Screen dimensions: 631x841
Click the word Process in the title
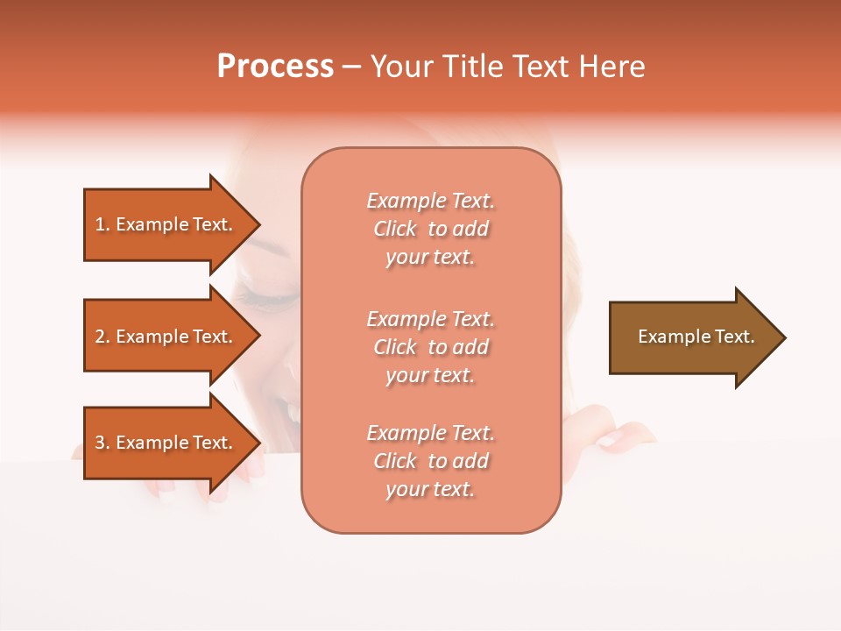(275, 67)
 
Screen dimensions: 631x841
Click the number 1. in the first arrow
(102, 224)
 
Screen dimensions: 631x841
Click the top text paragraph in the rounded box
(431, 229)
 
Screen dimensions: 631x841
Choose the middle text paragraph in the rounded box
(431, 347)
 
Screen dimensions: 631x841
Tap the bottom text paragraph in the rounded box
(431, 461)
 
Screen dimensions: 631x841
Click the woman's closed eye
(263, 290)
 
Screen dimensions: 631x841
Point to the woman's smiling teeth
(287, 412)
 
